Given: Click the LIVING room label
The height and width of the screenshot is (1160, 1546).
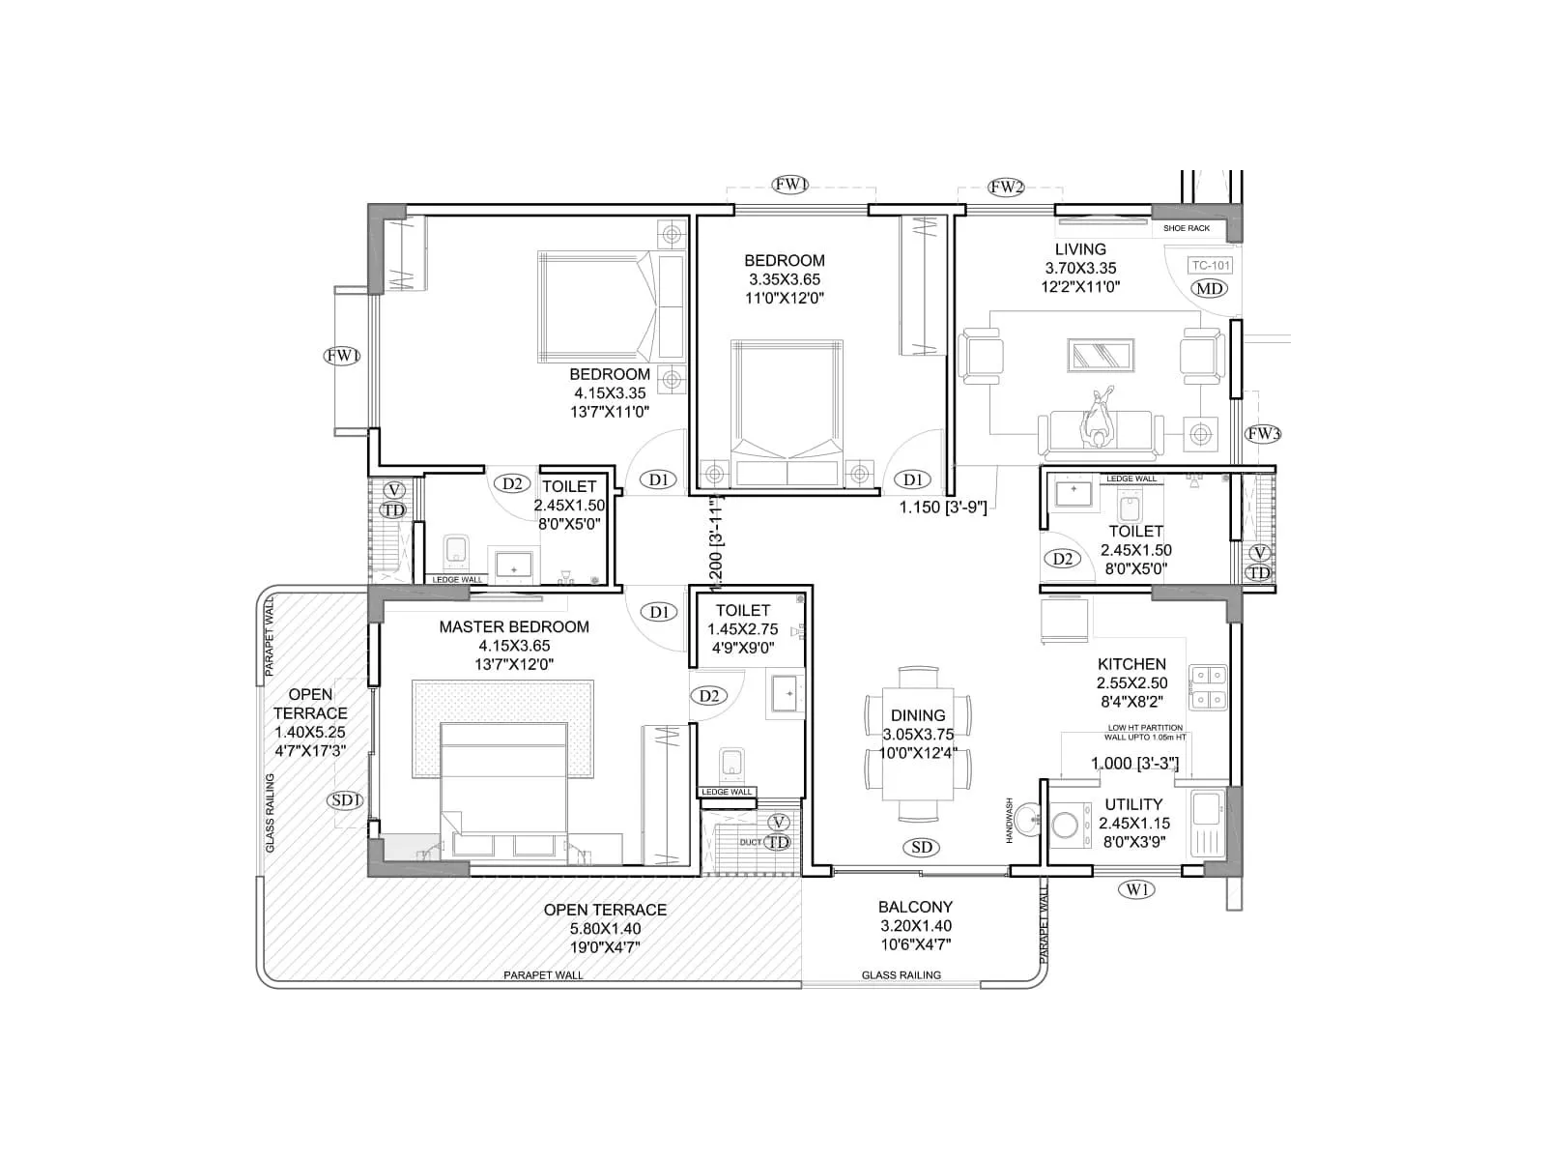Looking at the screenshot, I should coord(1080,249).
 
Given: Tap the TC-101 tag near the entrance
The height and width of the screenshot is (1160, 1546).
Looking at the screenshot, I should coord(1210,266).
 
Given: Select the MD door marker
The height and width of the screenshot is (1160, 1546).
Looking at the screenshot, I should coord(1209,288).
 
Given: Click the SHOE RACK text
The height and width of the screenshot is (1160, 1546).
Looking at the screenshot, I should coord(1186,229).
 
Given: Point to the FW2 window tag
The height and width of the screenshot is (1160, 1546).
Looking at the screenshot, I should coord(1006,188).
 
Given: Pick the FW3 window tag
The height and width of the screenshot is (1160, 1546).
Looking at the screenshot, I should coord(1262,434).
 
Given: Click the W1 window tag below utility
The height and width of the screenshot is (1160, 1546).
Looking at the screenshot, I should coord(1136,889).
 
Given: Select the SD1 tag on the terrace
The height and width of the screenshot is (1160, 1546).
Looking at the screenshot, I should coord(346,800).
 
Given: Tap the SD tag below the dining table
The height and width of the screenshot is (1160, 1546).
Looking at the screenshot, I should coord(922,848).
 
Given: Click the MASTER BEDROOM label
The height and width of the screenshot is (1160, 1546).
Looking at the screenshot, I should coord(513,626).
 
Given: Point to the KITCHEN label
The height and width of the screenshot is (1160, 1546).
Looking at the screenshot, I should coord(1131,664).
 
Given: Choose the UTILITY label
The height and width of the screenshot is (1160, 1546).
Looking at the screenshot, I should coord(1133,804).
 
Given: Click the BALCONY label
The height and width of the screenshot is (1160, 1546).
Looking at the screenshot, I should coord(915,907).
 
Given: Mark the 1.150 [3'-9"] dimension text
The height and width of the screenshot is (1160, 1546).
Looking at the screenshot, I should coord(943,507).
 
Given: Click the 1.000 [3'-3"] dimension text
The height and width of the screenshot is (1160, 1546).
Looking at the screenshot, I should coord(1134,764).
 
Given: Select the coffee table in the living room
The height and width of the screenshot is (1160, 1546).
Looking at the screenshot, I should coord(1100,355).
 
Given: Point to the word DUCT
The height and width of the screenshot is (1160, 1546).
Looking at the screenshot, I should coord(750,842).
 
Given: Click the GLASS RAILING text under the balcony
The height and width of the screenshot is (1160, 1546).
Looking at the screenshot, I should coord(901,975).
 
